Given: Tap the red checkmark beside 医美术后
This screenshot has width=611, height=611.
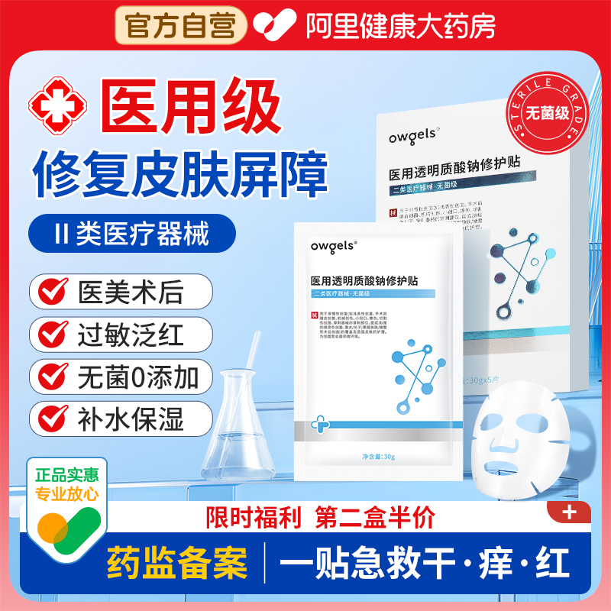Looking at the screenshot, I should (53, 292).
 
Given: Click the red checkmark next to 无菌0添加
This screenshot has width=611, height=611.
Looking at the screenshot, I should (53, 377).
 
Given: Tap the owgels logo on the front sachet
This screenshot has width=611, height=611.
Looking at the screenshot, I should (331, 246).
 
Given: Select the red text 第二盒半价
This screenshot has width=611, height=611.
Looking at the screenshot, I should (375, 518).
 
